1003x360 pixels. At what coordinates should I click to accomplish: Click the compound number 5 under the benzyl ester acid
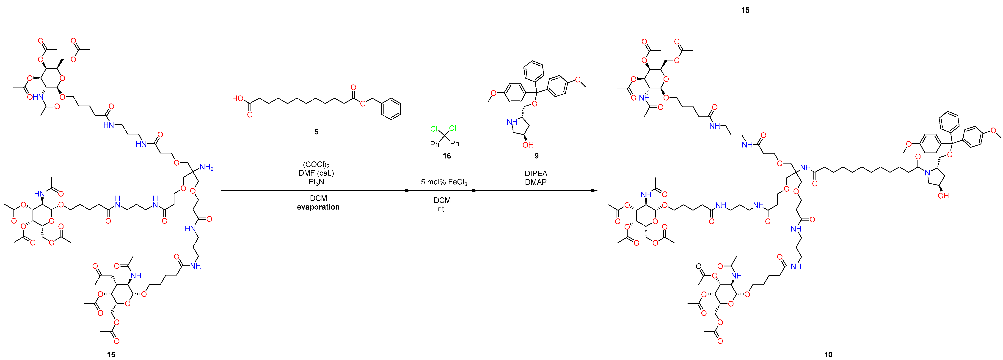[x=316, y=132]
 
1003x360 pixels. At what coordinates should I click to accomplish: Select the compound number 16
[x=446, y=156]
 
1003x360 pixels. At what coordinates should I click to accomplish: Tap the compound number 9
[x=537, y=156]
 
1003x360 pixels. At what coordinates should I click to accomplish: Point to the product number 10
[x=828, y=354]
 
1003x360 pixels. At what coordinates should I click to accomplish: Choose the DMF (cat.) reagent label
[x=316, y=173]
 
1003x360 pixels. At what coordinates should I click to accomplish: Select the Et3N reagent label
[x=316, y=182]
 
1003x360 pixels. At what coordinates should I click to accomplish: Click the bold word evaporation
[x=318, y=207]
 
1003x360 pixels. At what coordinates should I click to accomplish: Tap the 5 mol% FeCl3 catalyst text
[x=444, y=182]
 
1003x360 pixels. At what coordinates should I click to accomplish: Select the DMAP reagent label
[x=536, y=182]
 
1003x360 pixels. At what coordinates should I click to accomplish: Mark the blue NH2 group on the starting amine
[x=206, y=168]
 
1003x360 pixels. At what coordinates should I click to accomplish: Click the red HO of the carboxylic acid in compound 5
[x=237, y=98]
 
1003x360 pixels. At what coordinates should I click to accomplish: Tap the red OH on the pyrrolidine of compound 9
[x=528, y=145]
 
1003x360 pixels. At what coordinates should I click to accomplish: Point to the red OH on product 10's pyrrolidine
[x=943, y=196]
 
